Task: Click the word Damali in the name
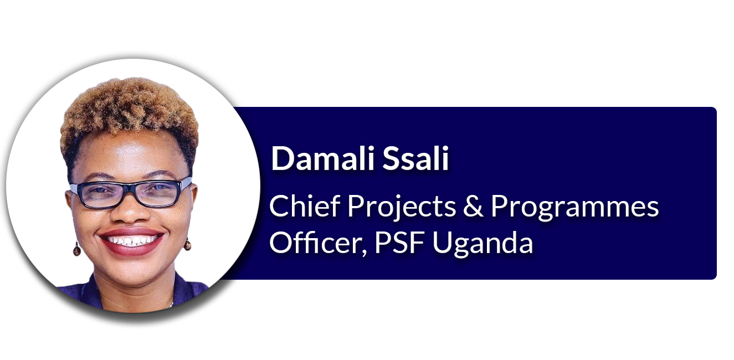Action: tap(323, 158)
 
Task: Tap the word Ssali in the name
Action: tap(415, 158)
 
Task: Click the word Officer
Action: tap(315, 243)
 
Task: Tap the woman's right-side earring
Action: tap(187, 244)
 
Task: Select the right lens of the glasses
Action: tap(159, 194)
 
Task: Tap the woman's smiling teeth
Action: tap(132, 241)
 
